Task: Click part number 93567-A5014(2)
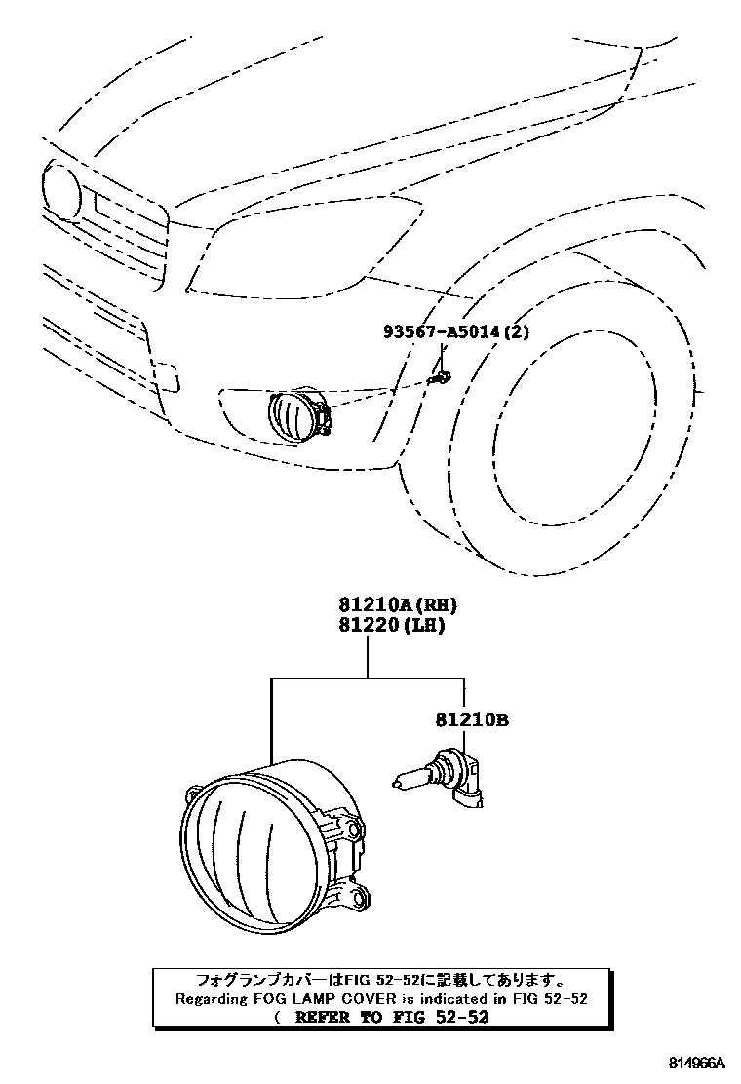[455, 332]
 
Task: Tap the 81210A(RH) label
[398, 605]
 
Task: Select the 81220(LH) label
[392, 626]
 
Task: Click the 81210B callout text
[471, 721]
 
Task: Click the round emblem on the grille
[60, 190]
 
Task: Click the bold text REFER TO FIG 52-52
[390, 1017]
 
